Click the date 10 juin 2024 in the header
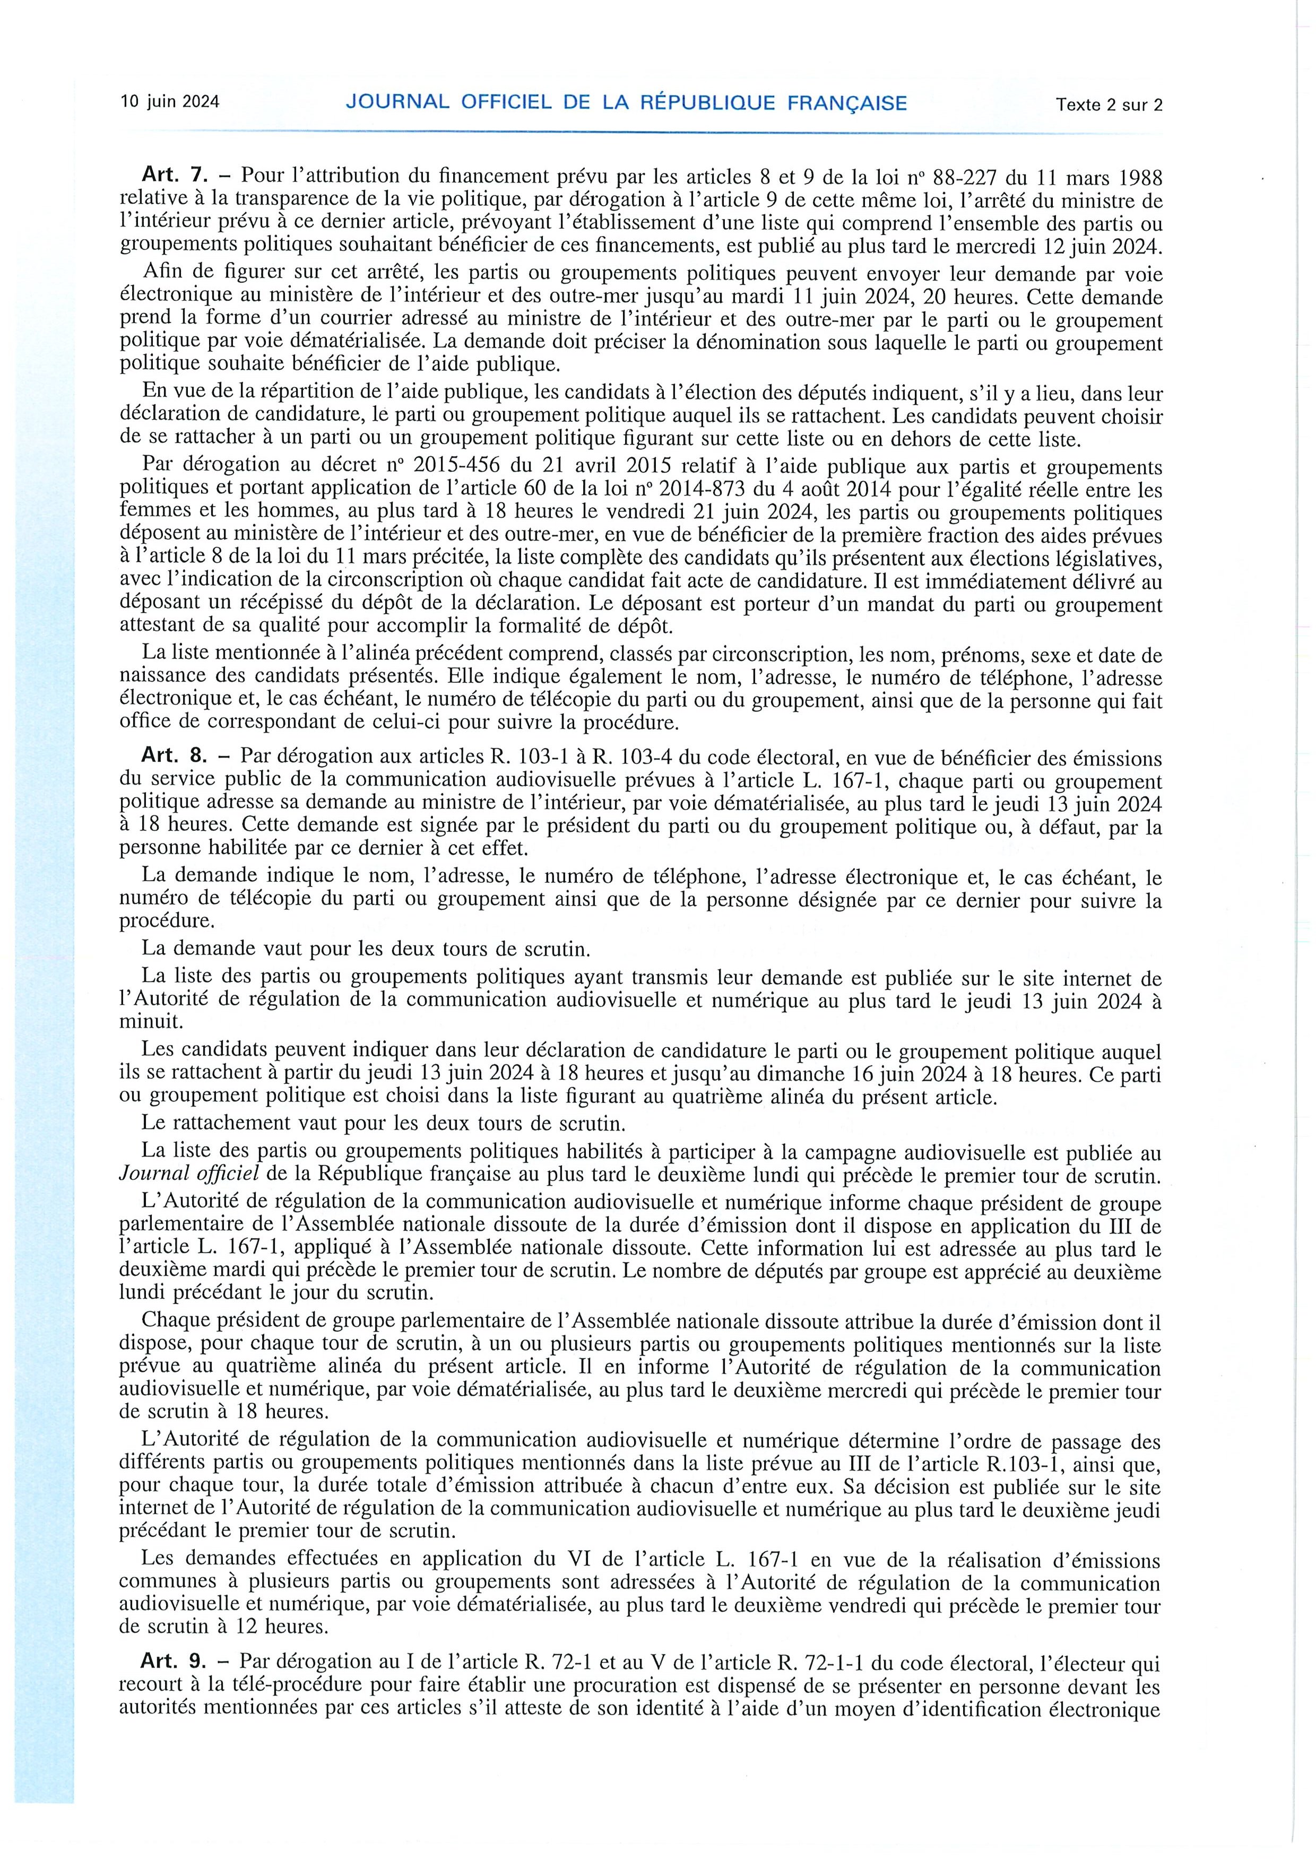(x=170, y=102)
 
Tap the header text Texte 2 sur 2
(x=1109, y=104)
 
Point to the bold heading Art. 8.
(x=175, y=759)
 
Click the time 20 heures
(x=910, y=298)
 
